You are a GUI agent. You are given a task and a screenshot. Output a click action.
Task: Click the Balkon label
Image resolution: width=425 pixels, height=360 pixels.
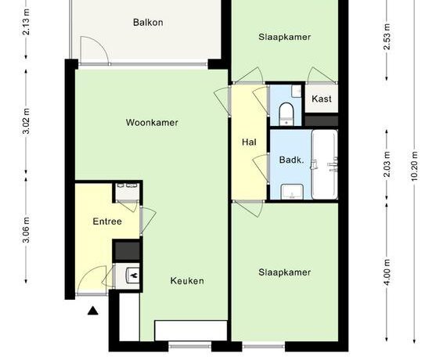pyautogui.click(x=148, y=22)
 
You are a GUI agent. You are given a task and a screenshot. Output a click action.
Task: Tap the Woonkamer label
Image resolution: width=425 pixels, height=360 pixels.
pyautogui.click(x=152, y=123)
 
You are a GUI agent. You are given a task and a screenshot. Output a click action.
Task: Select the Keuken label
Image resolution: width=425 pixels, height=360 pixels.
pyautogui.click(x=187, y=281)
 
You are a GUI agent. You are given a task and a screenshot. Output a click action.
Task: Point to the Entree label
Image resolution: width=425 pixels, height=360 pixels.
pyautogui.click(x=107, y=221)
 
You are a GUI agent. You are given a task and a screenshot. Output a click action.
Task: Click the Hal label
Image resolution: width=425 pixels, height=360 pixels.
pyautogui.click(x=249, y=142)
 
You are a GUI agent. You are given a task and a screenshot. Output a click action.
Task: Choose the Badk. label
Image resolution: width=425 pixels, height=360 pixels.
pyautogui.click(x=292, y=160)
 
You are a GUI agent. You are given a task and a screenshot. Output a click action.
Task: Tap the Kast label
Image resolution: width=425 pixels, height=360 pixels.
pyautogui.click(x=322, y=99)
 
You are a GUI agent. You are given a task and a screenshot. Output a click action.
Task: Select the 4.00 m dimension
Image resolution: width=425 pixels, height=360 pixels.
pyautogui.click(x=387, y=272)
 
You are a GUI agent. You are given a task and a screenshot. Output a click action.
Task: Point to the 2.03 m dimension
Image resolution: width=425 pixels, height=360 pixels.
pyautogui.click(x=387, y=164)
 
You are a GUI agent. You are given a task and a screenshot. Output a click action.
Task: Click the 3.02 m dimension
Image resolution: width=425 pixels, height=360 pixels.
pyautogui.click(x=27, y=121)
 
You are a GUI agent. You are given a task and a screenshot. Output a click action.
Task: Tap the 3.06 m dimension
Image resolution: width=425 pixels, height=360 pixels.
pyautogui.click(x=27, y=230)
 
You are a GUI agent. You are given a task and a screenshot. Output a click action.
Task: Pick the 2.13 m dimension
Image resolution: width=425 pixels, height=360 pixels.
pyautogui.click(x=27, y=22)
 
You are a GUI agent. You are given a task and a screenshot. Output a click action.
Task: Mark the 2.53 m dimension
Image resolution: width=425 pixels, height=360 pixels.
pyautogui.click(x=387, y=37)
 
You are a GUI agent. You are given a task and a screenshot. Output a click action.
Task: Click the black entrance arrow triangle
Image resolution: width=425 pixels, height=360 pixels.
pyautogui.click(x=93, y=311)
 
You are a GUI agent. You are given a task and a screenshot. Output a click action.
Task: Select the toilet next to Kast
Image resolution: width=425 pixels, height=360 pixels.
pyautogui.click(x=286, y=113)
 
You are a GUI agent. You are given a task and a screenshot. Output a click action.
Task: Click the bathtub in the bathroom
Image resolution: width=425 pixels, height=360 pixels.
pyautogui.click(x=325, y=164)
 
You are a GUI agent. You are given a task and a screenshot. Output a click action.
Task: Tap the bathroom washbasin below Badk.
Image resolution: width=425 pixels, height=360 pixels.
pyautogui.click(x=292, y=192)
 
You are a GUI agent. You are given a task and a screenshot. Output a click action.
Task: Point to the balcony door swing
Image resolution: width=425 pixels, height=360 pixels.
pyautogui.click(x=95, y=50)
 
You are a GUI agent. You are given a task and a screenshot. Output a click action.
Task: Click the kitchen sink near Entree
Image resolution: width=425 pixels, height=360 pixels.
pyautogui.click(x=133, y=275)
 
